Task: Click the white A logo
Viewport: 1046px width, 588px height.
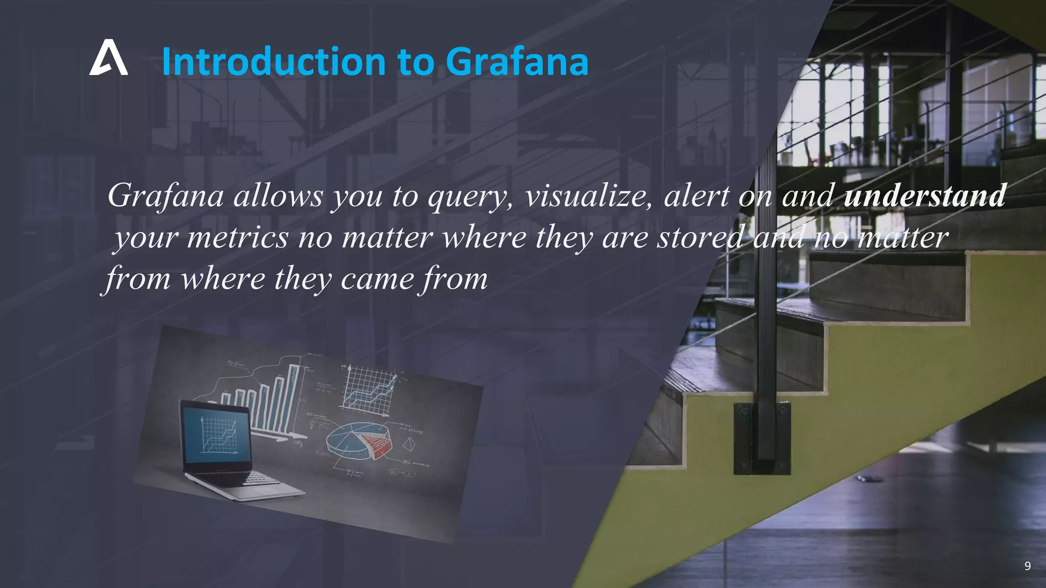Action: [108, 58]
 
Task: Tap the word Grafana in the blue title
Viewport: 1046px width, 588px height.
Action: [517, 62]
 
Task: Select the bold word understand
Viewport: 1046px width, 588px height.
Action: [924, 196]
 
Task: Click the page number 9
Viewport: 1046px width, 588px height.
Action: [1027, 566]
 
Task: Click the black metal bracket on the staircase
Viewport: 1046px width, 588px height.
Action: [762, 438]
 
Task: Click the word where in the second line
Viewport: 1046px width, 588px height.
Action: [484, 238]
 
